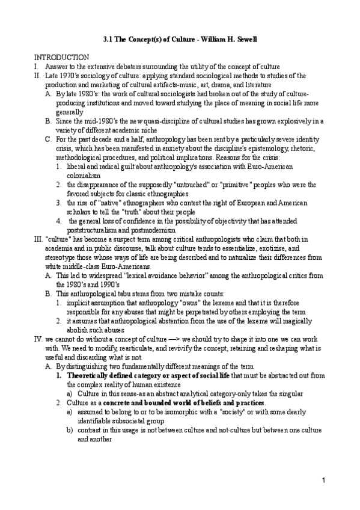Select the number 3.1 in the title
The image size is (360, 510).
click(107, 40)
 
